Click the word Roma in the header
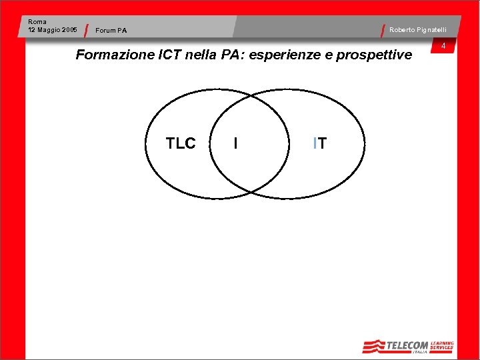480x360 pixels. tap(37, 22)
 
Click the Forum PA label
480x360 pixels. tap(111, 31)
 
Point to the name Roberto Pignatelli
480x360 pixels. tap(418, 30)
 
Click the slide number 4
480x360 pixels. tap(443, 46)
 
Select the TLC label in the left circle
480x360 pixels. tap(181, 144)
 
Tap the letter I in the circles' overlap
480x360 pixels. tap(236, 143)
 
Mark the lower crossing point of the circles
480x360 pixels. tap(251, 193)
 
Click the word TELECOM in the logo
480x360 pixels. tap(407, 345)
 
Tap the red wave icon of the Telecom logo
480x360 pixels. tap(374, 346)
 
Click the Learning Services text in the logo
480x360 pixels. tap(442, 345)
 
